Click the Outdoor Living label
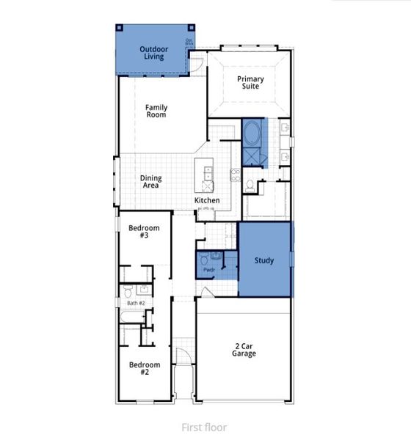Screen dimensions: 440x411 [x=154, y=54]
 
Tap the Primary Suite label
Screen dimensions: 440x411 [x=249, y=82]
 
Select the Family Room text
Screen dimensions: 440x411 [x=156, y=111]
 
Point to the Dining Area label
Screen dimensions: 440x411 [x=151, y=182]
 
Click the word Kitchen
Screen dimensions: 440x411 [x=206, y=200]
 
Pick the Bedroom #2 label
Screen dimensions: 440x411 [x=145, y=369]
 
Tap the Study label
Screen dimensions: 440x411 [x=264, y=260]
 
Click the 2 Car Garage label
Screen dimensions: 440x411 [x=244, y=349]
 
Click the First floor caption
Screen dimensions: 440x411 [x=204, y=427]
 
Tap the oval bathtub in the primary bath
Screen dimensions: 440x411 [x=252, y=133]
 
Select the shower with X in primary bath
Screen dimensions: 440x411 [x=252, y=156]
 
